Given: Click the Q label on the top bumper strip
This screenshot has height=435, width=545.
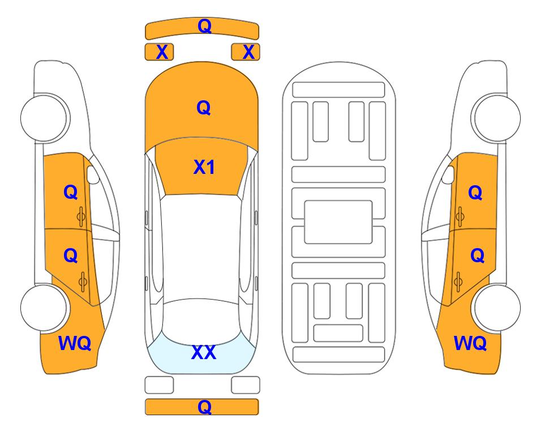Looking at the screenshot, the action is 204,26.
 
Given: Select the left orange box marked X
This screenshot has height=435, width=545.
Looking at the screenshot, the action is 159,52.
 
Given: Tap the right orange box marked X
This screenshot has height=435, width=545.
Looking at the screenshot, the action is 246,52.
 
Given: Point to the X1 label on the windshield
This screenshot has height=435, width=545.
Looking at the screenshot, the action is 204,167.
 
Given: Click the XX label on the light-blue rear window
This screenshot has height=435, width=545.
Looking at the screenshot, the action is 204,352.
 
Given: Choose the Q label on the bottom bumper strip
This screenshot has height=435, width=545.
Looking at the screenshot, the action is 204,407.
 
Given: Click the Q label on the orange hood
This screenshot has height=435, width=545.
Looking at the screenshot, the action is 204,108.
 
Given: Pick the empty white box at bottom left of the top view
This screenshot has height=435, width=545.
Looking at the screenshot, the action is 159,385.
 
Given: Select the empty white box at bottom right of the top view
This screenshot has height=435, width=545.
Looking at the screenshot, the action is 246,385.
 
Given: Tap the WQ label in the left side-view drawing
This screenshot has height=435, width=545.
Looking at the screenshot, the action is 75,343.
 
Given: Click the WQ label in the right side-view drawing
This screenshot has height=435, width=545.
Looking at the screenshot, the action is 470,343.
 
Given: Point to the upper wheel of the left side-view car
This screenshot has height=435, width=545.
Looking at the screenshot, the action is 44,118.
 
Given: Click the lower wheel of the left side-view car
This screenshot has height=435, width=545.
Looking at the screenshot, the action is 44,308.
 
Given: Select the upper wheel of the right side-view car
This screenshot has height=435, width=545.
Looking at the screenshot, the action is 497,118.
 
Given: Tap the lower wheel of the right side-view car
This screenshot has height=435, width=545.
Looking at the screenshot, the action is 497,308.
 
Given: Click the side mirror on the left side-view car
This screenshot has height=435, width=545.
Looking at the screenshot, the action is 93,174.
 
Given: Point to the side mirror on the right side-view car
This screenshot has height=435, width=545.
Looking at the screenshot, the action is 448,174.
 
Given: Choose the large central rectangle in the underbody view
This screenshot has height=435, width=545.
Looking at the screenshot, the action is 338,222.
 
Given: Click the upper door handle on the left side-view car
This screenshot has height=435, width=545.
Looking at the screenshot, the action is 81,216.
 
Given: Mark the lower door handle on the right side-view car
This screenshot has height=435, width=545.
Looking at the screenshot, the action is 458,282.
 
